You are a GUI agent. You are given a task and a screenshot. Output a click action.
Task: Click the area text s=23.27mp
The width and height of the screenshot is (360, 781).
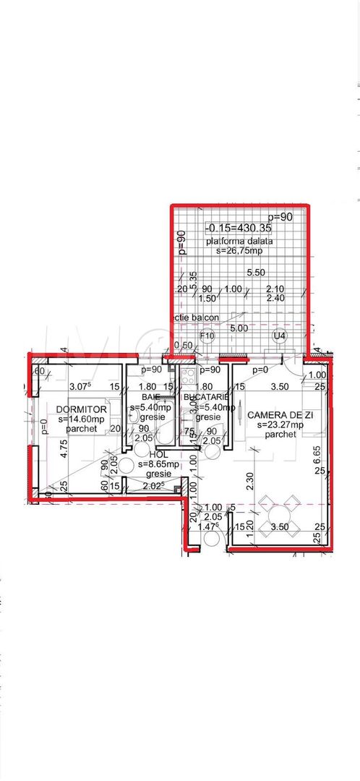coord(275,424)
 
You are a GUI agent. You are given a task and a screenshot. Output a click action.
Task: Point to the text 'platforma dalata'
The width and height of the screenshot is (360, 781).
coord(239,241)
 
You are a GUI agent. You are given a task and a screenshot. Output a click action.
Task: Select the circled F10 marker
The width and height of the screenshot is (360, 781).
coord(207,336)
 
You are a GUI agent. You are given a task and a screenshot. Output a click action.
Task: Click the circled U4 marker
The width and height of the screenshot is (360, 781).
coord(278,336)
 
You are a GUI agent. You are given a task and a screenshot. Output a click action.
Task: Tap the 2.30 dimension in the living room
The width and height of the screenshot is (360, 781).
coord(248,477)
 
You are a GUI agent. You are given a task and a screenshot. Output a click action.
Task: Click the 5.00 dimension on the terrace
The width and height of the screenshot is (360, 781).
coord(239,328)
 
